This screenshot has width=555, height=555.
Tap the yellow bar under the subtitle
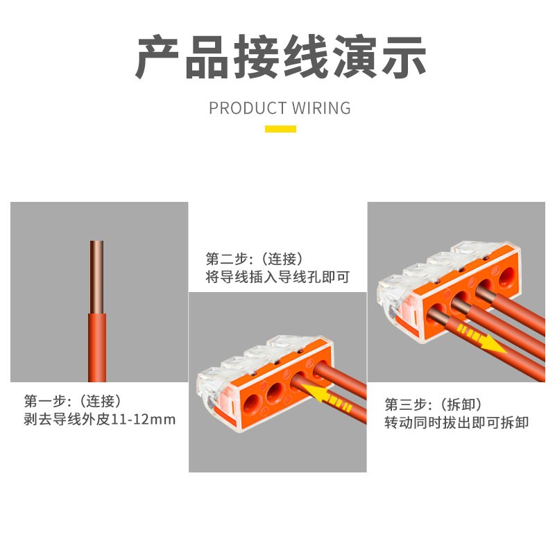pyautogui.click(x=280, y=128)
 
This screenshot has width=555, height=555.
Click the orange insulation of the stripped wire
pyautogui.click(x=96, y=347)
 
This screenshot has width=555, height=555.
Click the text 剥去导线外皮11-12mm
pyautogui.click(x=100, y=420)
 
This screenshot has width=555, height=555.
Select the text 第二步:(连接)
pyautogui.click(x=255, y=259)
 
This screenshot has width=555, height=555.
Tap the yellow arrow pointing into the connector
pyautogui.click(x=327, y=398)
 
